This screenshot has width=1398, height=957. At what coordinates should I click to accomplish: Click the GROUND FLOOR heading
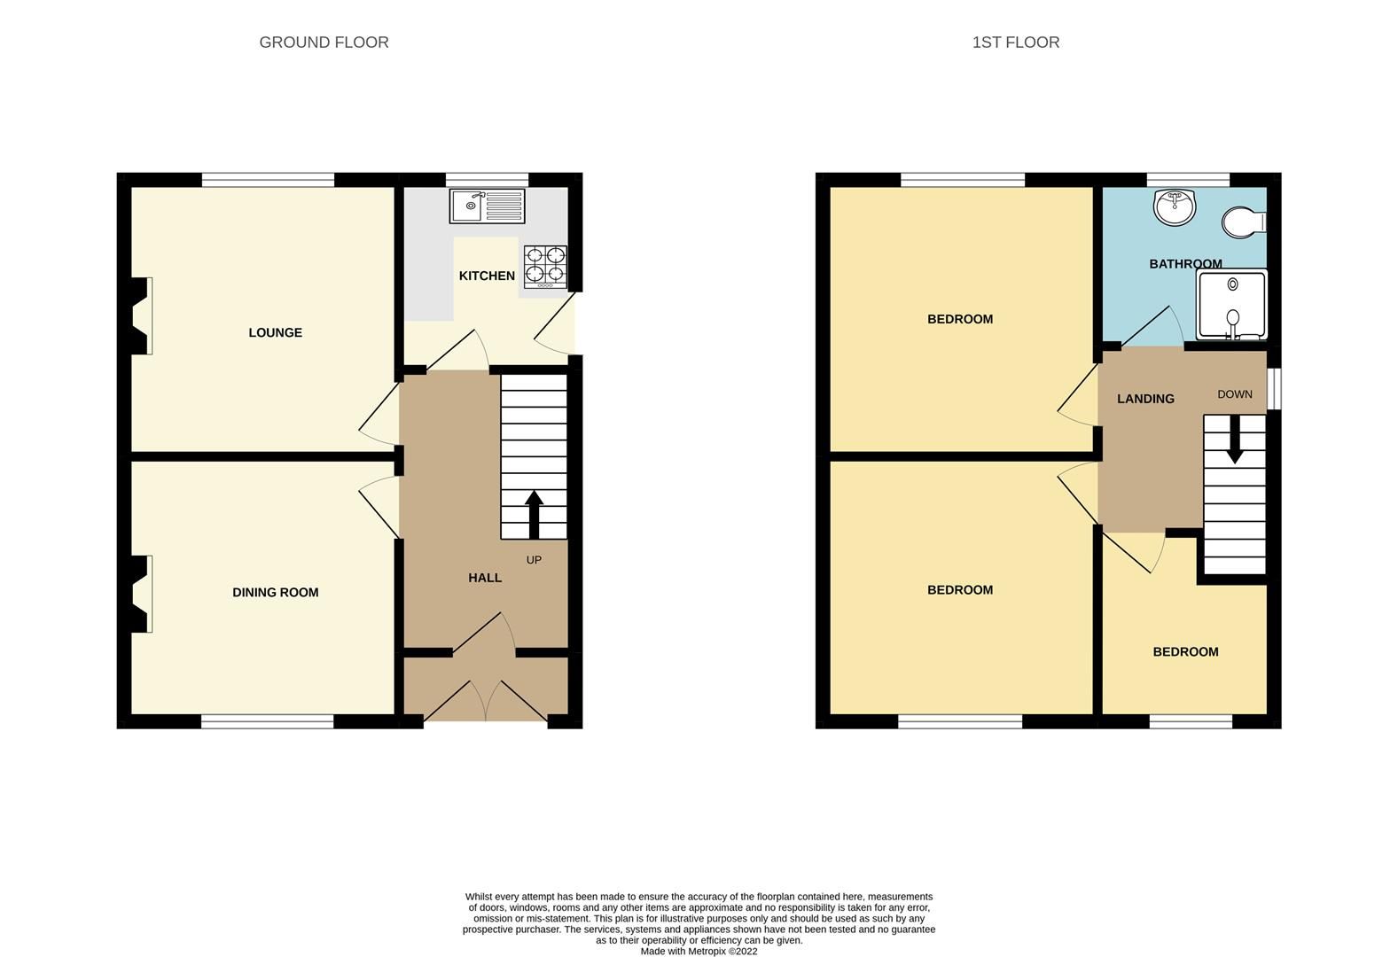click(x=324, y=43)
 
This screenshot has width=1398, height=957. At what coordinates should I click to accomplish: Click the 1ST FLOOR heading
click(x=1015, y=43)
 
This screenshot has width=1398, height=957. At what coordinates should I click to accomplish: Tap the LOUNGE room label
click(x=275, y=332)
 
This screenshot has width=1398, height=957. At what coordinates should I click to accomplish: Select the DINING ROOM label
click(x=275, y=592)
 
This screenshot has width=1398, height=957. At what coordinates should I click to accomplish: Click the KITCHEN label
click(x=487, y=276)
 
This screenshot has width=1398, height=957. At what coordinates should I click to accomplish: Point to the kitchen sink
click(x=487, y=206)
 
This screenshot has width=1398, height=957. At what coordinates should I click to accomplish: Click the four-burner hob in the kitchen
click(x=545, y=266)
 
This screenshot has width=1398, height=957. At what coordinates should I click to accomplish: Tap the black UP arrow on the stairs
click(x=534, y=514)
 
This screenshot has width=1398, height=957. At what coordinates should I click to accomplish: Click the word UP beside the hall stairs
click(x=534, y=560)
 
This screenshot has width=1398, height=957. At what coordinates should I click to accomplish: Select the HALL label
click(x=485, y=578)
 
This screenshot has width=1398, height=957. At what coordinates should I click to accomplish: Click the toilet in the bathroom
click(x=1243, y=222)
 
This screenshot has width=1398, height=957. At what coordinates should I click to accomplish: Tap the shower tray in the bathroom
click(x=1231, y=305)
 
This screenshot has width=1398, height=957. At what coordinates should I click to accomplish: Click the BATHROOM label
click(x=1185, y=264)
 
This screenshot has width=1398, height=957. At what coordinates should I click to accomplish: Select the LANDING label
click(x=1145, y=399)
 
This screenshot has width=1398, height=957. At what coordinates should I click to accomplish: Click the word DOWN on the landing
click(x=1234, y=394)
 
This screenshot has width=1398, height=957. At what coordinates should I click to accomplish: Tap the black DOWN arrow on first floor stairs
click(x=1234, y=443)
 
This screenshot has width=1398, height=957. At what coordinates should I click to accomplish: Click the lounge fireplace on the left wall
click(x=141, y=316)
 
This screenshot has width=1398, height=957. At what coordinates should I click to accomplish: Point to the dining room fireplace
click(x=141, y=594)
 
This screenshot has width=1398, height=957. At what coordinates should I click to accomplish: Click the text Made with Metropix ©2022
click(x=699, y=952)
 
